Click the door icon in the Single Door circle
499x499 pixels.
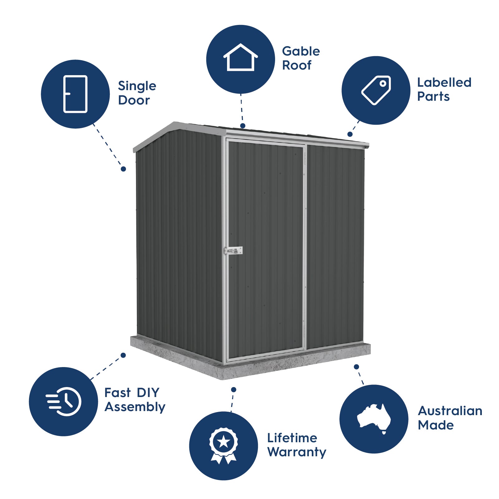[75, 94]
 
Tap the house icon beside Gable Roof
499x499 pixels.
[240, 58]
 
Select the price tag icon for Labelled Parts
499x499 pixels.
[376, 90]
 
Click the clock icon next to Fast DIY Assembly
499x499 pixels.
[64, 401]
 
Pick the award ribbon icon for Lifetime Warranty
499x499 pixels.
[223, 445]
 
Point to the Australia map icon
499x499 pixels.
[374, 418]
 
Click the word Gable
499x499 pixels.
[301, 51]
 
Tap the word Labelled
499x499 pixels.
[444, 83]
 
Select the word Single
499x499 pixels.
[137, 86]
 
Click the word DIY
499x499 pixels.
[148, 393]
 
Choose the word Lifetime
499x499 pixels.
[292, 438]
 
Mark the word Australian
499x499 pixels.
[450, 411]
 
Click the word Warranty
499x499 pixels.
[297, 452]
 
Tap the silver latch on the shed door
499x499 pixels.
[233, 250]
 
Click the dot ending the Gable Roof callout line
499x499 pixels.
[243, 126]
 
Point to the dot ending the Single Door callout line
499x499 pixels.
[123, 169]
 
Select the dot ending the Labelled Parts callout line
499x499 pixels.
[350, 134]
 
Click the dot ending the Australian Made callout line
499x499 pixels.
[356, 367]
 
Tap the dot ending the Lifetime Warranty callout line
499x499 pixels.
[234, 390]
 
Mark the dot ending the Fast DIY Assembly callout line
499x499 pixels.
[123, 355]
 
